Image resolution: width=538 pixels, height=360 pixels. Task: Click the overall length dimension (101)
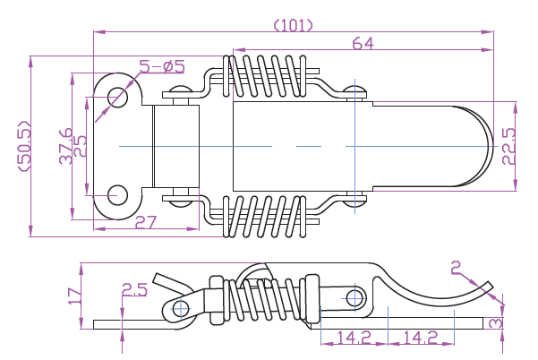[292, 24]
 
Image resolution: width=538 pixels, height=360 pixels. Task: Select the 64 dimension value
[363, 43]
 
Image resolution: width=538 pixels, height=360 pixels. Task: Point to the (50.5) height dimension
[24, 145]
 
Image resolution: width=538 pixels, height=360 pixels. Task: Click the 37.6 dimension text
[66, 145]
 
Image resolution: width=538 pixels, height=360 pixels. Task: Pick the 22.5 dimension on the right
[508, 145]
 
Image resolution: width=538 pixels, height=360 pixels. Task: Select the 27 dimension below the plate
[146, 222]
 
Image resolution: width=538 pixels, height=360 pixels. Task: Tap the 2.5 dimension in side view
[134, 289]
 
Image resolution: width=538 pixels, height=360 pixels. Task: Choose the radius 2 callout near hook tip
[457, 266]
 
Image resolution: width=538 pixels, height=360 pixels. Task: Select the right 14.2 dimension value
[420, 339]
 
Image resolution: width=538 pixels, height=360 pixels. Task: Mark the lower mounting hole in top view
[117, 193]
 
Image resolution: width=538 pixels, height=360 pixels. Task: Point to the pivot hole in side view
[182, 309]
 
